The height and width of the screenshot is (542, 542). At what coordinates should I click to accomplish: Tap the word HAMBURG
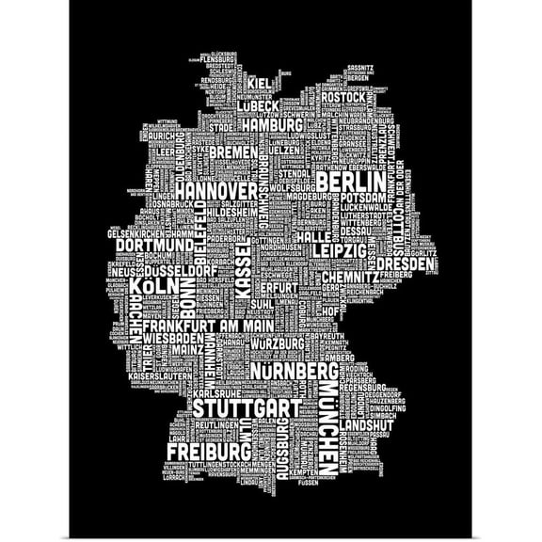tap(270, 125)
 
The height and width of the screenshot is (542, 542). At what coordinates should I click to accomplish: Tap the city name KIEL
tap(265, 82)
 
